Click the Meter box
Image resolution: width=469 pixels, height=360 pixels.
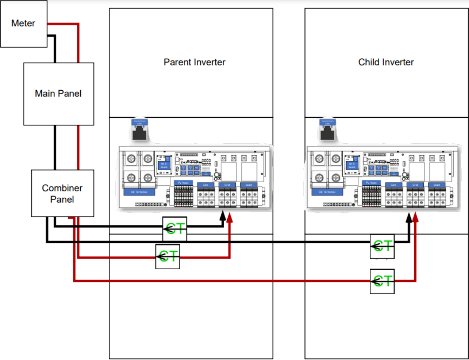click(23, 23)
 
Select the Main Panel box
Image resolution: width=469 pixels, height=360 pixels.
click(59, 94)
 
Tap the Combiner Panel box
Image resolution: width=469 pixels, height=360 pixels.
click(62, 193)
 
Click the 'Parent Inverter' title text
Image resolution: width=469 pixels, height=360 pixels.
click(194, 62)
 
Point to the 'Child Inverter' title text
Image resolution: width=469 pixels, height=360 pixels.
click(386, 62)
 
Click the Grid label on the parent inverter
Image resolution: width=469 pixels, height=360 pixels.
click(227, 185)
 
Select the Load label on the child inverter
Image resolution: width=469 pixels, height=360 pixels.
click(437, 185)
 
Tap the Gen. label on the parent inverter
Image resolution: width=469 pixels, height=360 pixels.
click(205, 185)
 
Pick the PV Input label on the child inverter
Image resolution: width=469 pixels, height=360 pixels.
click(371, 183)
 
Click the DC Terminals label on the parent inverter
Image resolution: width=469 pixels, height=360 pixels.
click(139, 192)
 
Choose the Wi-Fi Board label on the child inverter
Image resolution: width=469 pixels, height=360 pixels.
click(352, 166)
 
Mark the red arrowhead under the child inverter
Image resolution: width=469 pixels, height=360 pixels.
click(415, 217)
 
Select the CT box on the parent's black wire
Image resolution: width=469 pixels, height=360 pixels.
click(175, 229)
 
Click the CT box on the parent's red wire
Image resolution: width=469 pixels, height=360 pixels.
click(167, 256)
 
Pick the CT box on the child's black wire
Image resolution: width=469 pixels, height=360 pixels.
click(382, 246)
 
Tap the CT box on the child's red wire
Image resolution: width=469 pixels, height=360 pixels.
click(382, 281)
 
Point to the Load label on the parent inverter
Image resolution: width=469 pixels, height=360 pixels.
click(248, 185)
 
